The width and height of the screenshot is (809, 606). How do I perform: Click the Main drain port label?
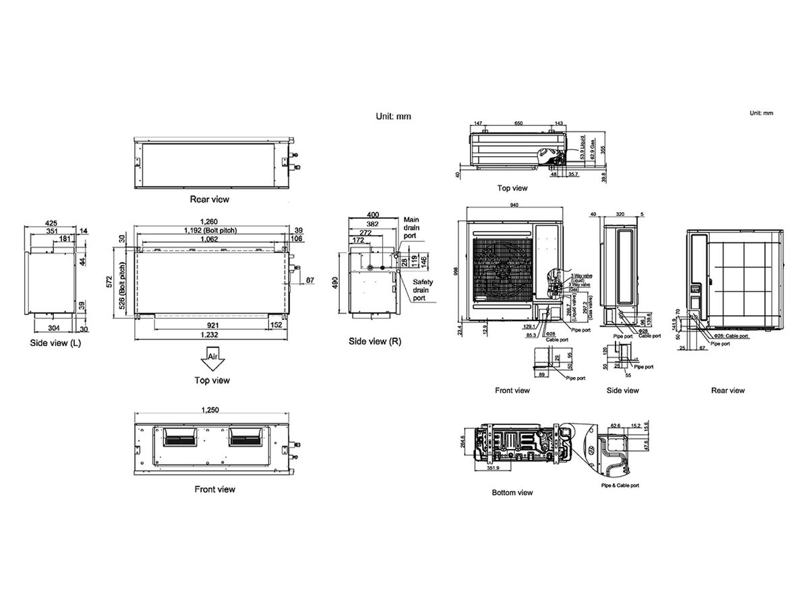(411, 228)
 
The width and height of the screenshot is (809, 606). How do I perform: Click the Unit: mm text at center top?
(393, 116)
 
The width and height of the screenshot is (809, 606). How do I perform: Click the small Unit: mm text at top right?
(761, 113)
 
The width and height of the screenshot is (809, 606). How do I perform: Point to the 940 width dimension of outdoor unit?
(514, 205)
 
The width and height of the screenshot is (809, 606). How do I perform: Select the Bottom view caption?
(512, 493)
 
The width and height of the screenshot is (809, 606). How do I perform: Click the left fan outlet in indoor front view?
(180, 439)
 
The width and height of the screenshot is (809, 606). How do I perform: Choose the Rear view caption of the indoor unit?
(209, 199)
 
